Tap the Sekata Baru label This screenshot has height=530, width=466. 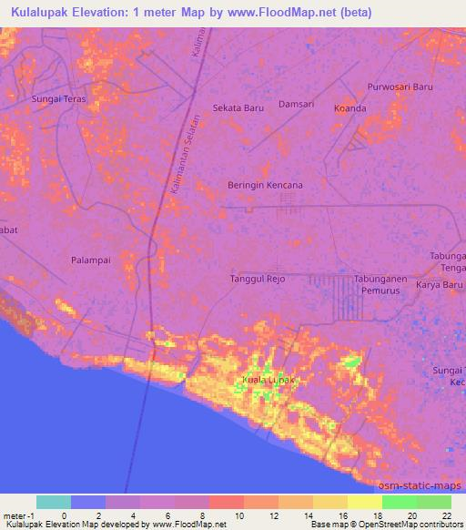[238, 107]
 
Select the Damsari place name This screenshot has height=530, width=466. [296, 104]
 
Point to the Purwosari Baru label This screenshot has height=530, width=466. [399, 87]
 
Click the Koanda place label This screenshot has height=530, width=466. [349, 108]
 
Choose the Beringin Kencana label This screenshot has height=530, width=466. [265, 185]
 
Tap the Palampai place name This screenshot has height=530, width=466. [90, 260]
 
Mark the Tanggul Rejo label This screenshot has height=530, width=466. [258, 279]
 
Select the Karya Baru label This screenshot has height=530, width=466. [441, 284]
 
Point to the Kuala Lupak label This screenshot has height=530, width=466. [267, 379]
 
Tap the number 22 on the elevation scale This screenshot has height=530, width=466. [446, 515]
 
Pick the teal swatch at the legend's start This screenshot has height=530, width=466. [54, 502]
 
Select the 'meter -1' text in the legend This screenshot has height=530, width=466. [18, 515]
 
